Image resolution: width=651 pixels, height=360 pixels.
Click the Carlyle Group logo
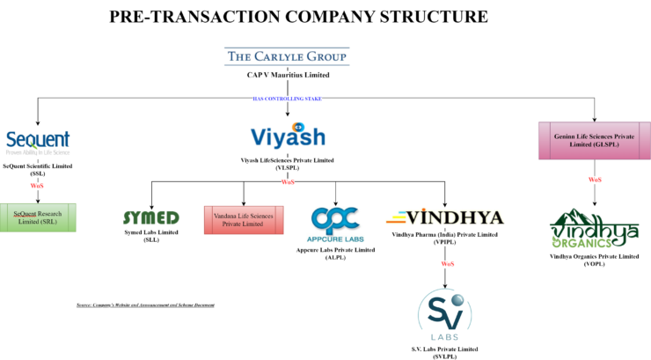tap(286, 57)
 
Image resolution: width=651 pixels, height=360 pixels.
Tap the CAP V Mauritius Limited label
tap(287, 75)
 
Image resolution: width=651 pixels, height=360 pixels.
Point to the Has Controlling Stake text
tap(287, 99)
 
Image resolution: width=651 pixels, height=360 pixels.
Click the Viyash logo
tap(288, 137)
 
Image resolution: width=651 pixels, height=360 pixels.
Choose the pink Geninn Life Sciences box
tap(594, 141)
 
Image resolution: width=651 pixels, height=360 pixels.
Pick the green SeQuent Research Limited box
tap(38, 217)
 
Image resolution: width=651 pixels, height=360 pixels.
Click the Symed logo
tap(150, 217)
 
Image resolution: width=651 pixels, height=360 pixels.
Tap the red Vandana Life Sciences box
tap(244, 220)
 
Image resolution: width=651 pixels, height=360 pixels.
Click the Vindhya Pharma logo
tap(444, 217)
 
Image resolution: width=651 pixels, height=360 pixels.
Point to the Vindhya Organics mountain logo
tap(594, 229)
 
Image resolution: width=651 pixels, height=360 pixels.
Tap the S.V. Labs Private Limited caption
tap(444, 353)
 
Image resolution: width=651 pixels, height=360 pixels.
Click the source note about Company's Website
tap(145, 305)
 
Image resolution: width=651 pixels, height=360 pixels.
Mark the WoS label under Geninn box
tap(595, 180)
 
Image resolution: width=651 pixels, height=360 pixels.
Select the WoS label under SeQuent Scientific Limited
tap(37, 187)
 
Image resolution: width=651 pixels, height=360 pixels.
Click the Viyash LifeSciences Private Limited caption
tap(287, 164)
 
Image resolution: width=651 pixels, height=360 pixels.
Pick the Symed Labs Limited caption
tap(150, 236)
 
